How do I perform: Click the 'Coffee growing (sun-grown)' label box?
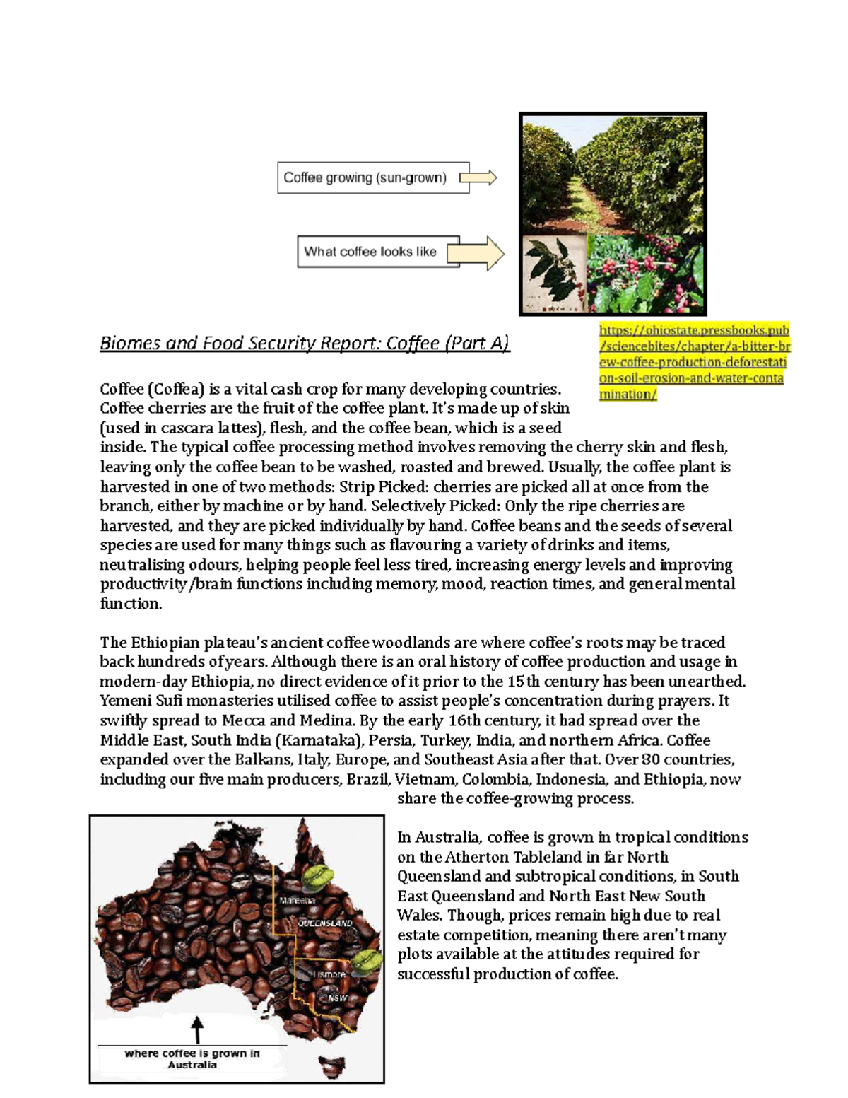tap(372, 177)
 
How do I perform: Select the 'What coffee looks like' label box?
tap(378, 252)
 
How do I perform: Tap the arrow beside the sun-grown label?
tap(479, 177)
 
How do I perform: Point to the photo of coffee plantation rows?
tap(613, 175)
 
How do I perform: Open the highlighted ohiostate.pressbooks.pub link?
tap(694, 362)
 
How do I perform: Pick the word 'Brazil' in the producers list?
tap(367, 779)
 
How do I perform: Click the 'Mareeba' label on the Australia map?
tap(298, 901)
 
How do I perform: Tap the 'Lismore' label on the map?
tap(329, 974)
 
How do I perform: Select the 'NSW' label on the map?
tap(337, 998)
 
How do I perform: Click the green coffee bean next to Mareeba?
tap(317, 877)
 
